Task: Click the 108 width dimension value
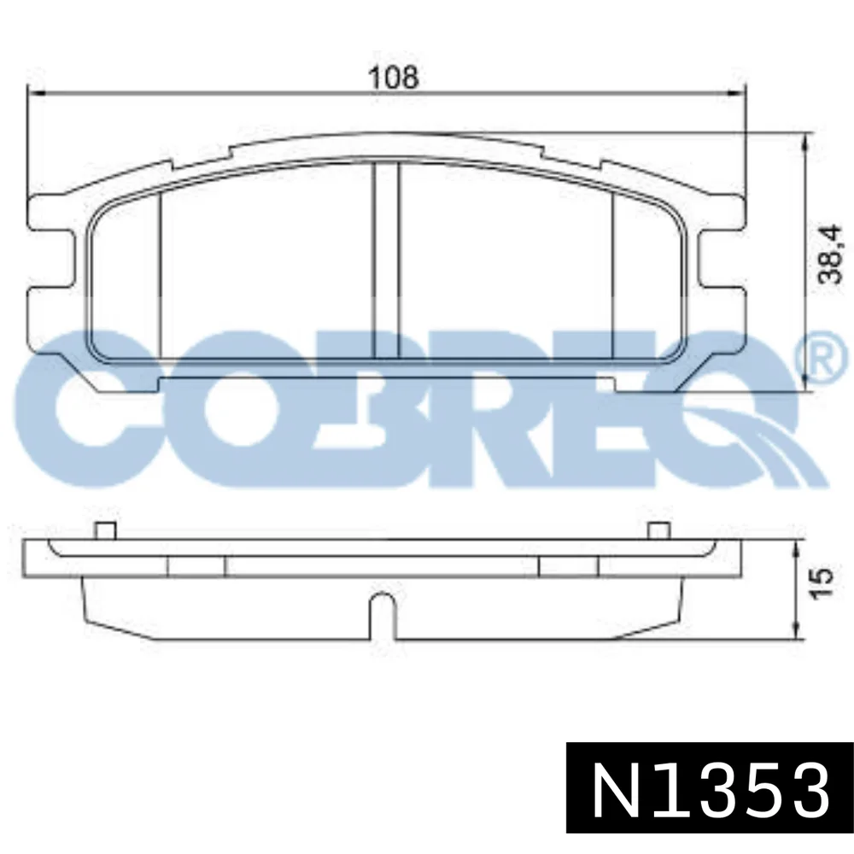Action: tap(394, 77)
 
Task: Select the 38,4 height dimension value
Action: tap(831, 255)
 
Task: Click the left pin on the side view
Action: tap(105, 530)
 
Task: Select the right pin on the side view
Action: tap(659, 530)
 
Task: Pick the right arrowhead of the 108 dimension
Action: tap(737, 92)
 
